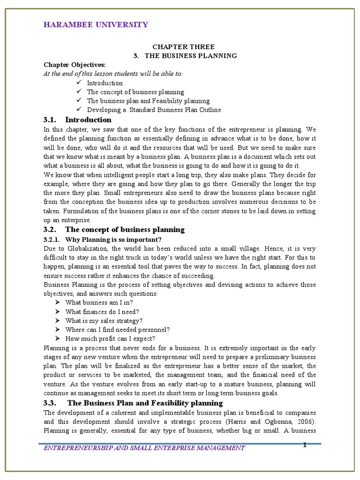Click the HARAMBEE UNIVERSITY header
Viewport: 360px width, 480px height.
[96, 25]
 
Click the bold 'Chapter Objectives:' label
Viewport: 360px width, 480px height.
[75, 65]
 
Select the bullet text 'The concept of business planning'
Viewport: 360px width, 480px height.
[135, 92]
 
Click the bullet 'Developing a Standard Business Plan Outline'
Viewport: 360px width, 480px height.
[154, 110]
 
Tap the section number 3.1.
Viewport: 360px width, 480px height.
[50, 120]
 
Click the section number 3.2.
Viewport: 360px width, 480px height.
[50, 230]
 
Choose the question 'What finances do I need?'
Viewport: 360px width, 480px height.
[102, 312]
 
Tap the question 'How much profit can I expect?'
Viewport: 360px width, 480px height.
[110, 338]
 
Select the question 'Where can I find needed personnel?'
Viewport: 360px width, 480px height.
[118, 330]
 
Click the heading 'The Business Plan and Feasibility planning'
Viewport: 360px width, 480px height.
[145, 403]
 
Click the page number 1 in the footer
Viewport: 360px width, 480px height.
[305, 445]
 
